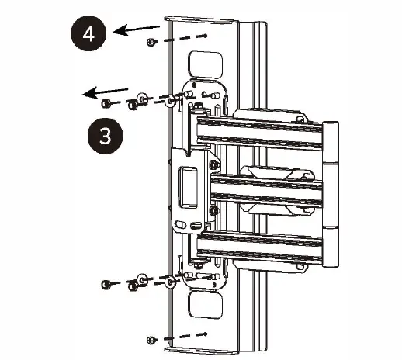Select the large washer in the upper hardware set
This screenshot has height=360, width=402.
[142, 99]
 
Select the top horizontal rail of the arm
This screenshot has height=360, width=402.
[264, 132]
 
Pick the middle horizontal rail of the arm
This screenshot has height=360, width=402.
[264, 190]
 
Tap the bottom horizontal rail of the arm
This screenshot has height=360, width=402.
[264, 248]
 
